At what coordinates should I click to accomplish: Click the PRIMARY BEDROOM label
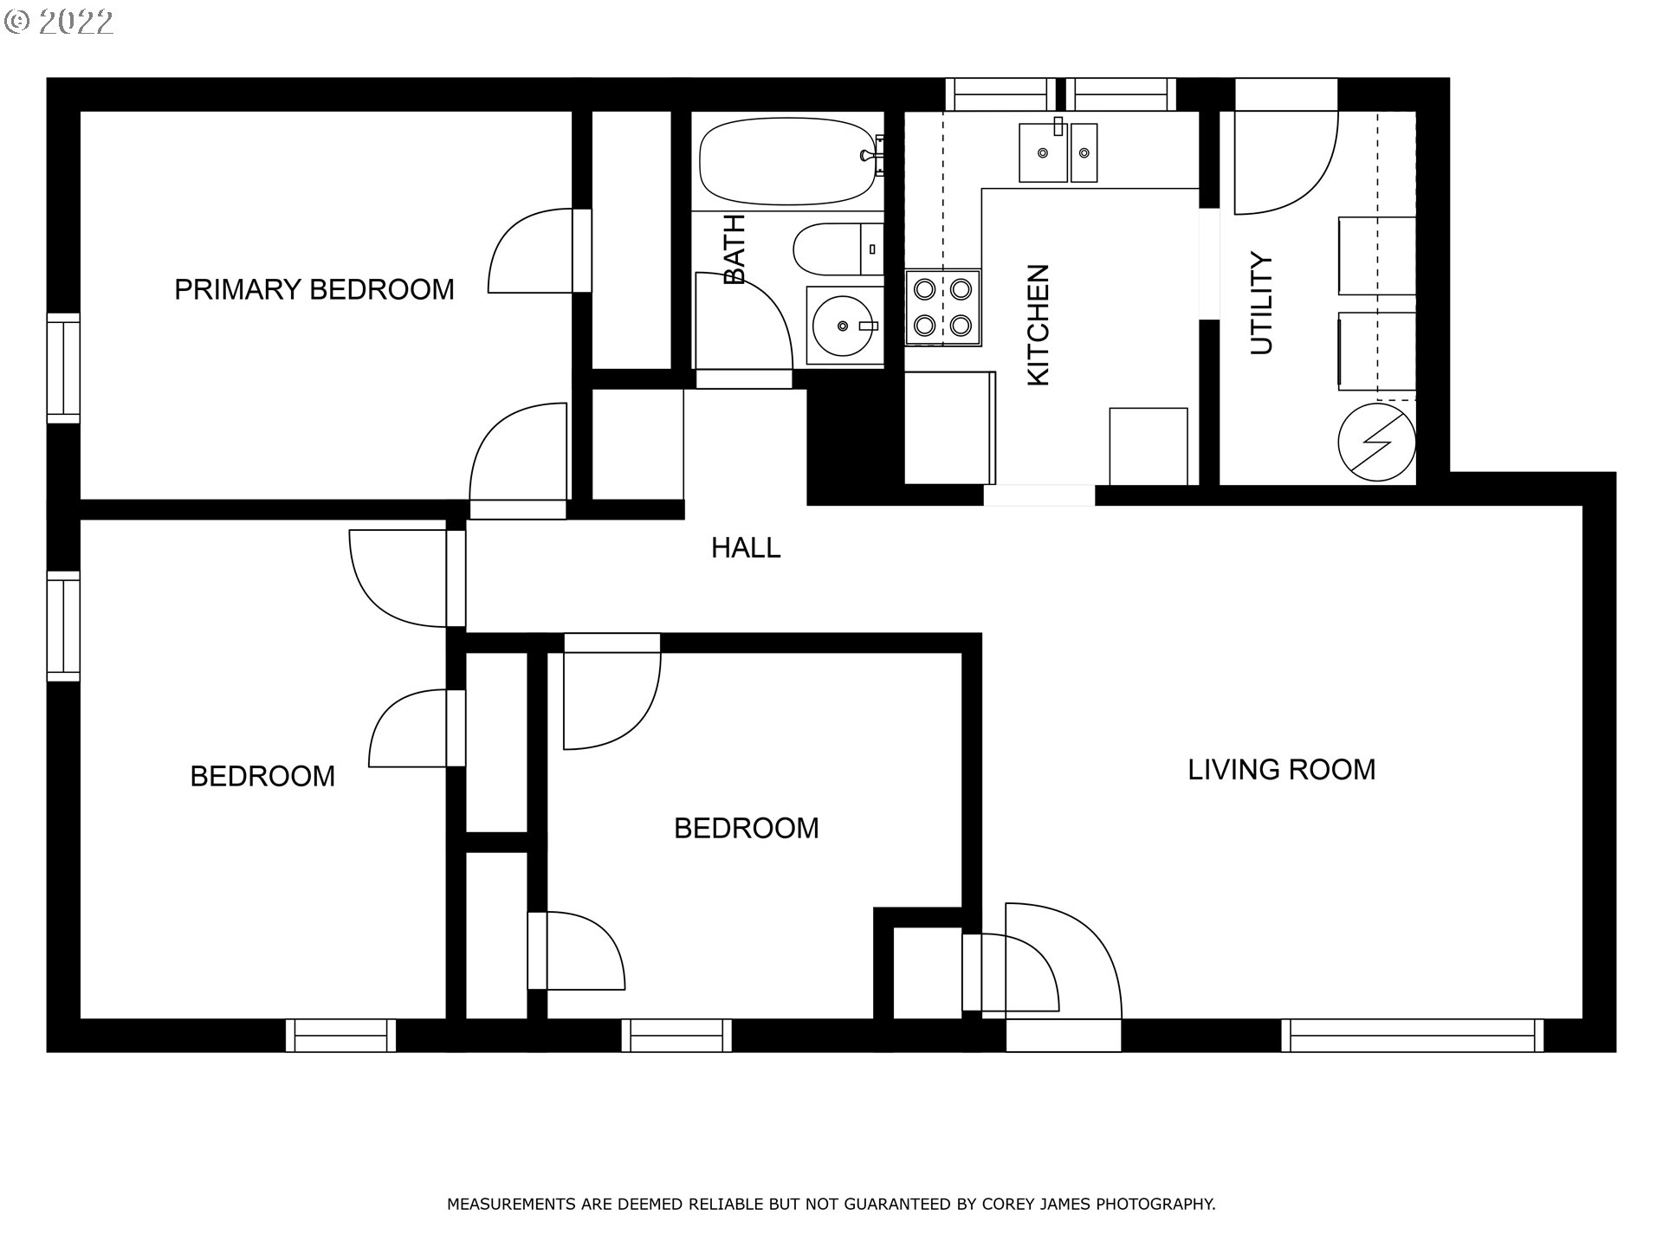[x=314, y=289]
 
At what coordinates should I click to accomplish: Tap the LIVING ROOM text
[x=1281, y=770]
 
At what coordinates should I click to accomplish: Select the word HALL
[x=746, y=547]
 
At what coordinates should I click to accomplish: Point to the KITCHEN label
[x=1038, y=325]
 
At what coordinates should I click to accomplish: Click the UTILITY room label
[x=1262, y=304]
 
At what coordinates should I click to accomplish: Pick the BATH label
[x=734, y=249]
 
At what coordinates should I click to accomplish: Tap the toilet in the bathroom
[x=838, y=249]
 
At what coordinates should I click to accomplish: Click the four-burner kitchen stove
[x=943, y=307]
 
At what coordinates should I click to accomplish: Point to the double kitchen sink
[x=1058, y=152]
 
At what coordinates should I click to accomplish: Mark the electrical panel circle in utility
[x=1377, y=443]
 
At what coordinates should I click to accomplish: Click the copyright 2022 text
[x=59, y=23]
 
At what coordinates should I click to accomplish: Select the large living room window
[x=1412, y=1036]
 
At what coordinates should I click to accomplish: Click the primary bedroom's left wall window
[x=63, y=368]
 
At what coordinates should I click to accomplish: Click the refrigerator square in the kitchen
[x=1149, y=446]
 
